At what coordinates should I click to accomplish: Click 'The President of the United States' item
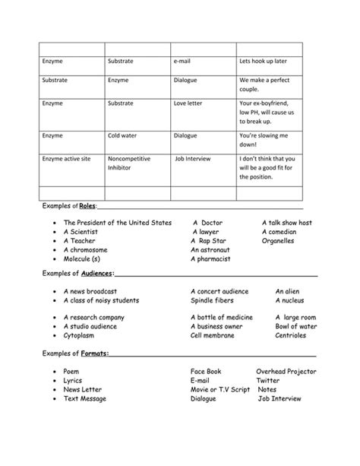118,223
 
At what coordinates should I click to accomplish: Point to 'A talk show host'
286,223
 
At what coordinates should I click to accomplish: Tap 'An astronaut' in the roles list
210,249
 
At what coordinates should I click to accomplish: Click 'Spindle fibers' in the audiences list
212,300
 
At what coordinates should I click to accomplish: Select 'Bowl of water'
296,326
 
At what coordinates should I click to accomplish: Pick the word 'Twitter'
267,380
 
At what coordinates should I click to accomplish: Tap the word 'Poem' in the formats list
71,372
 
